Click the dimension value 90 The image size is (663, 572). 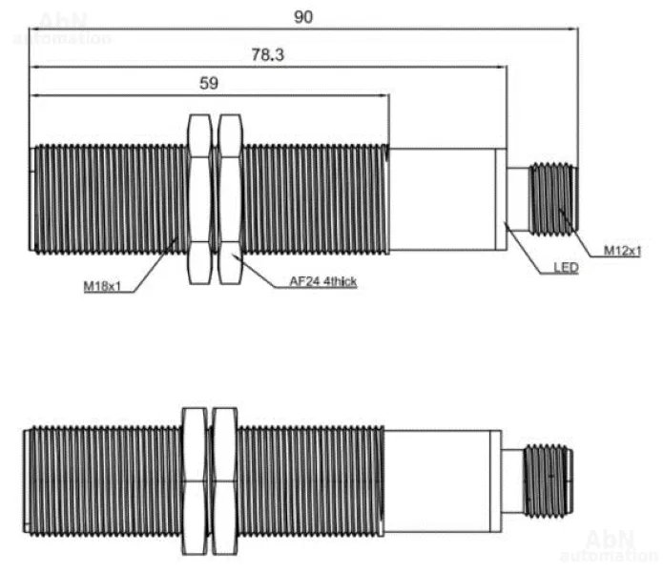click(x=303, y=17)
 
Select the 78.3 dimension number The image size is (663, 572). click(x=268, y=55)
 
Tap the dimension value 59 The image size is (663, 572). click(x=209, y=83)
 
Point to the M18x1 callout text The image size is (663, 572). click(x=102, y=286)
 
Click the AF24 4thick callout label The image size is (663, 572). click(x=323, y=281)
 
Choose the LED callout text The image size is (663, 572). click(x=566, y=268)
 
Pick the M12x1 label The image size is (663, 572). click(x=622, y=251)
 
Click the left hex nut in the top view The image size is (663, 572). click(x=199, y=199)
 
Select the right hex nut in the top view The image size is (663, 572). click(x=230, y=199)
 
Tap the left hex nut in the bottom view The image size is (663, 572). click(x=195, y=481)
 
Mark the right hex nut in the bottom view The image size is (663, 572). click(x=224, y=481)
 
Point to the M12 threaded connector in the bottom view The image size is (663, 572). click(x=549, y=481)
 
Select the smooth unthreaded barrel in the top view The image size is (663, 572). click(x=443, y=199)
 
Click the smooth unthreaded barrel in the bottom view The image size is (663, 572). click(x=437, y=481)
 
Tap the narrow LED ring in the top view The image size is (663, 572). click(x=501, y=199)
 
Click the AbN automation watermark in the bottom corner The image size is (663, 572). click(x=609, y=546)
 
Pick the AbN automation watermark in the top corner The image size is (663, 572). click(x=63, y=29)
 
